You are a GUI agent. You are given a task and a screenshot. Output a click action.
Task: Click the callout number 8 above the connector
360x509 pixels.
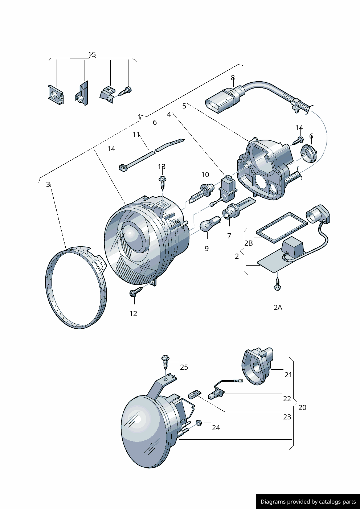point(233,78)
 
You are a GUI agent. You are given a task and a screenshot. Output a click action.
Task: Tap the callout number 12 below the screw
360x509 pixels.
point(134,313)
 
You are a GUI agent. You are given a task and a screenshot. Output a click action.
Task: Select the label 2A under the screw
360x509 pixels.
point(278,307)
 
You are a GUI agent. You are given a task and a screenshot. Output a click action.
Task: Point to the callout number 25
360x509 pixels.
point(184,367)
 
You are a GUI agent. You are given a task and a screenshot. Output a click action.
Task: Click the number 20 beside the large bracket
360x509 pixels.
point(302,407)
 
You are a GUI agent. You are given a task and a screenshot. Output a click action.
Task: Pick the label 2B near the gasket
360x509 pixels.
point(249,243)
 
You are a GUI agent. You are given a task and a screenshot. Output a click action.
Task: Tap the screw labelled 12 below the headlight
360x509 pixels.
point(136,292)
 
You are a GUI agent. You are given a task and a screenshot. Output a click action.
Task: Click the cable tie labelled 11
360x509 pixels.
point(152,155)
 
